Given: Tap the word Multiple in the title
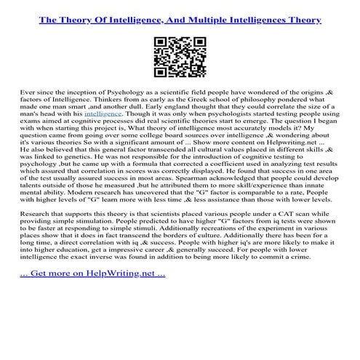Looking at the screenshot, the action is (225, 23).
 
